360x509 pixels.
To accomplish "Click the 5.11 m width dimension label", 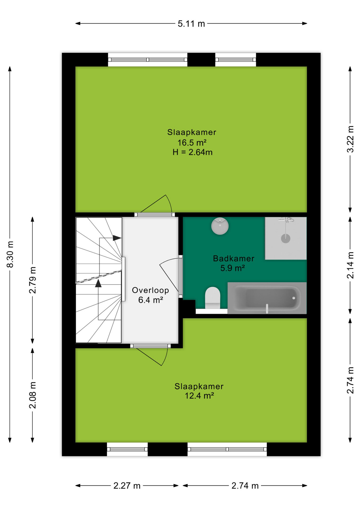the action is pos(191,24).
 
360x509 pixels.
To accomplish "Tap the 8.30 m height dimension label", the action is pos(10,254).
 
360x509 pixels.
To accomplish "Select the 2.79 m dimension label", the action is pos(33,280).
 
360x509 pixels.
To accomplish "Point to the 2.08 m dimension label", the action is pos(33,395).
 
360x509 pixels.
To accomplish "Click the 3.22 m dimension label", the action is pos(350,139).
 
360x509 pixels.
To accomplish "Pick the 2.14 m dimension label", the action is pos(350,265).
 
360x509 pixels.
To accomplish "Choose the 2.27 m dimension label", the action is pos(127,486).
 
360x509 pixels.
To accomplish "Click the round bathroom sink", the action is pos(220,226).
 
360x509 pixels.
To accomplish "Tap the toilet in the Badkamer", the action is pos(213,298).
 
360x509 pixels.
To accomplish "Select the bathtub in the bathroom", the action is pos(267,298).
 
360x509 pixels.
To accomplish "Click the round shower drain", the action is pos(286,238).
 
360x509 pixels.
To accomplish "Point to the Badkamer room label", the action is pos(234,258).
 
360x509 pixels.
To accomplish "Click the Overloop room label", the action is pos(150,290).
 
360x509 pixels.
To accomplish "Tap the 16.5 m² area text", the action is pos(192,143).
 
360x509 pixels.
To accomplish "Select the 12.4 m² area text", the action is pos(199,396).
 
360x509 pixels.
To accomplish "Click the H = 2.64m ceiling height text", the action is pos(192,152).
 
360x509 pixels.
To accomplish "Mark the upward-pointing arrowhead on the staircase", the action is pos(98,283).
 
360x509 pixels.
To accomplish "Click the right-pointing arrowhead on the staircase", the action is pos(117,238).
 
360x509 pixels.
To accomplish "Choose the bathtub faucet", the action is pos(267,309).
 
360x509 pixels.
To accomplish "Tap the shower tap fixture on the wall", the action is pos(286,220).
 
